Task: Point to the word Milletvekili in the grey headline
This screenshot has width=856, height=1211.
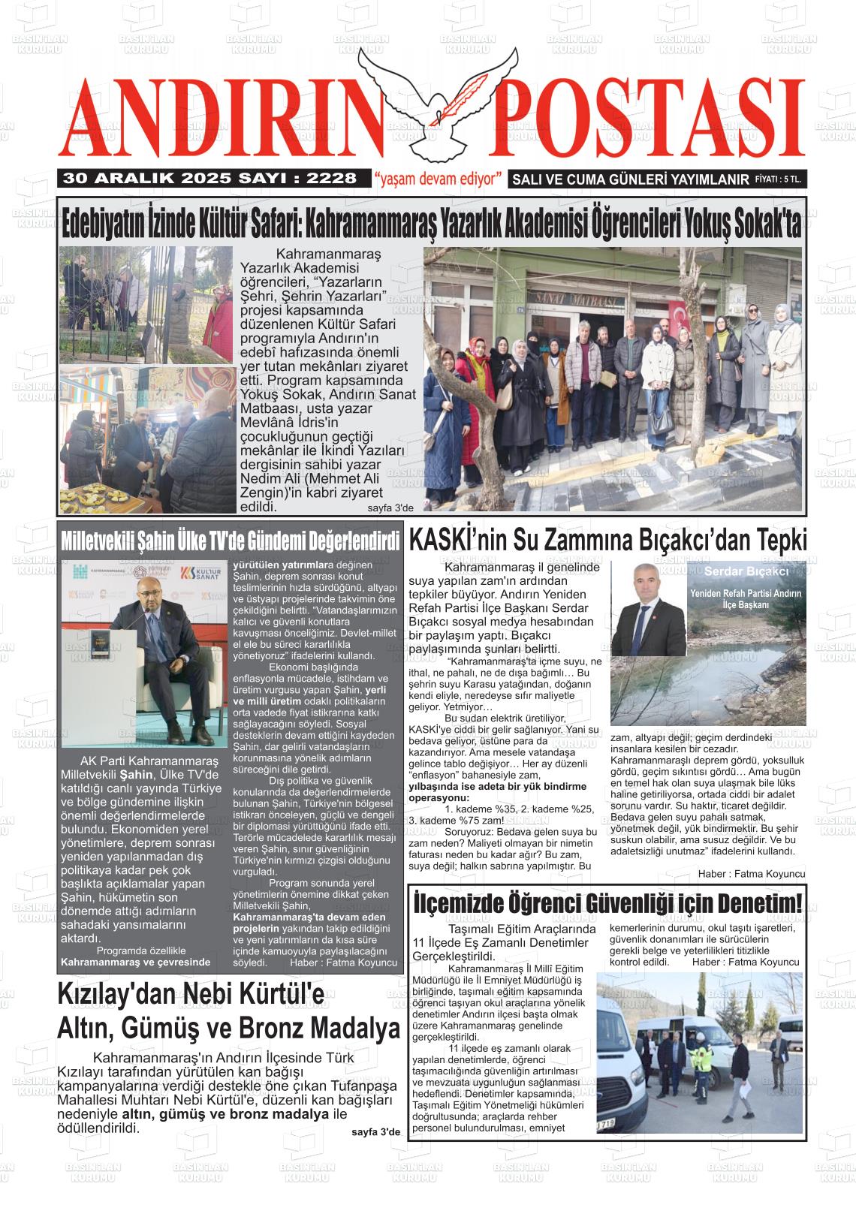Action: coord(101,541)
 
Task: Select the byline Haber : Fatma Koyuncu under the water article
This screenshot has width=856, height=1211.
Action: coord(751,874)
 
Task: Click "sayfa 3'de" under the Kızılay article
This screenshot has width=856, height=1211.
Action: coord(376,1131)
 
